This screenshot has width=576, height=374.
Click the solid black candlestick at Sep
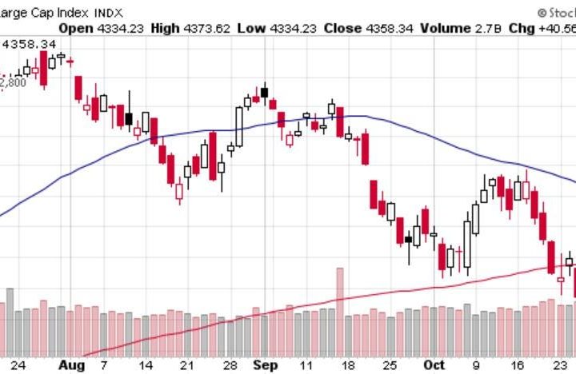pos(265,91)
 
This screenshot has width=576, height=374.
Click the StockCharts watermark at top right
pos(557,13)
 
